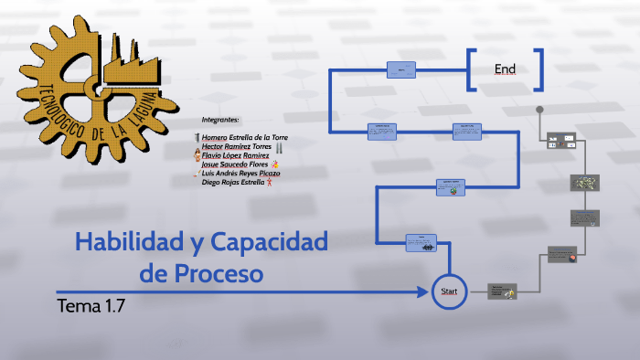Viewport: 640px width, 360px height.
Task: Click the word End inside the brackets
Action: (x=506, y=69)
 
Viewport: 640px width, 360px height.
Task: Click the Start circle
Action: (x=449, y=291)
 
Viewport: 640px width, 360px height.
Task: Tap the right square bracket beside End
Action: (x=539, y=69)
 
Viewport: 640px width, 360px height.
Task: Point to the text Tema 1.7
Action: (x=90, y=305)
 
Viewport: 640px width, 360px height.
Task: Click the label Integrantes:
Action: (x=219, y=120)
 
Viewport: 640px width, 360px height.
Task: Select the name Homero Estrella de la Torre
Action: (x=244, y=137)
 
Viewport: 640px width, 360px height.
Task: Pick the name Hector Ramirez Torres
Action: (x=236, y=146)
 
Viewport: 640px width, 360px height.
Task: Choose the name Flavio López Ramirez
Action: (x=235, y=155)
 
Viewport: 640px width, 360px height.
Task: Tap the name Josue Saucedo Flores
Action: (x=234, y=164)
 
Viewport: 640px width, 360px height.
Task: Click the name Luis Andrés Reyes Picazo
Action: (x=240, y=173)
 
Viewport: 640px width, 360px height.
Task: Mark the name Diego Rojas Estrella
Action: (x=233, y=182)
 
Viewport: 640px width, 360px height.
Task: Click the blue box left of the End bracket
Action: (x=400, y=69)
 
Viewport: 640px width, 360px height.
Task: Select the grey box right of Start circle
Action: (x=502, y=291)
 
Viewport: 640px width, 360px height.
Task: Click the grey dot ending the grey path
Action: (x=540, y=109)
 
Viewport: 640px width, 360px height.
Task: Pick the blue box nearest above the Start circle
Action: (x=421, y=243)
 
